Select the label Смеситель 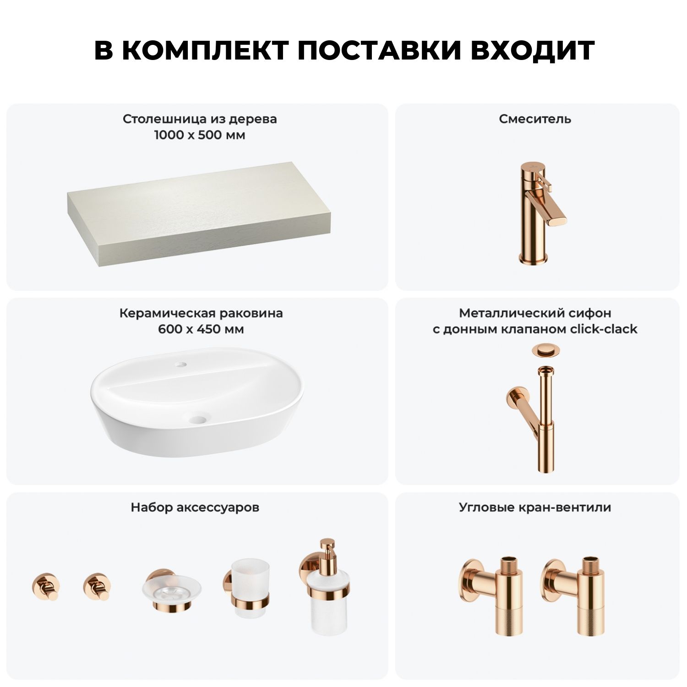(535, 119)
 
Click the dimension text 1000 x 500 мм (200, 135)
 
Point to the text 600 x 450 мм (201, 329)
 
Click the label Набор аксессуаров (195, 507)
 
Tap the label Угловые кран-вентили (535, 507)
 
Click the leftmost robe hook (46, 586)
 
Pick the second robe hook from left (97, 586)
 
